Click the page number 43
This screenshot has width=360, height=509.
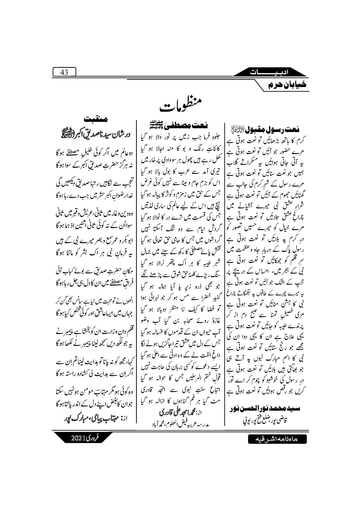(64, 72)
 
